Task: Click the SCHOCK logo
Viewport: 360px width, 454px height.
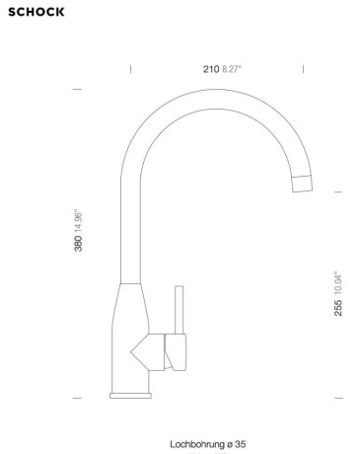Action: click(36, 12)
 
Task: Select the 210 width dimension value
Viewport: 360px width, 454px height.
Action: click(211, 69)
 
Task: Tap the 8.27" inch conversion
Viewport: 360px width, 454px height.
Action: click(232, 69)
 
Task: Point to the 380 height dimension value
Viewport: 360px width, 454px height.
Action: click(78, 244)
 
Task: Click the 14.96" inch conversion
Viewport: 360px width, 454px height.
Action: click(78, 221)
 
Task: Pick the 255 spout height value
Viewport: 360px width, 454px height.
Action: click(338, 308)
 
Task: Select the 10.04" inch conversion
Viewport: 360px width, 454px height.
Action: click(338, 283)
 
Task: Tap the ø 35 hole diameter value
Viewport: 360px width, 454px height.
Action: click(236, 444)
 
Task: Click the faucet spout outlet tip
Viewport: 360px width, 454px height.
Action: click(303, 184)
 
